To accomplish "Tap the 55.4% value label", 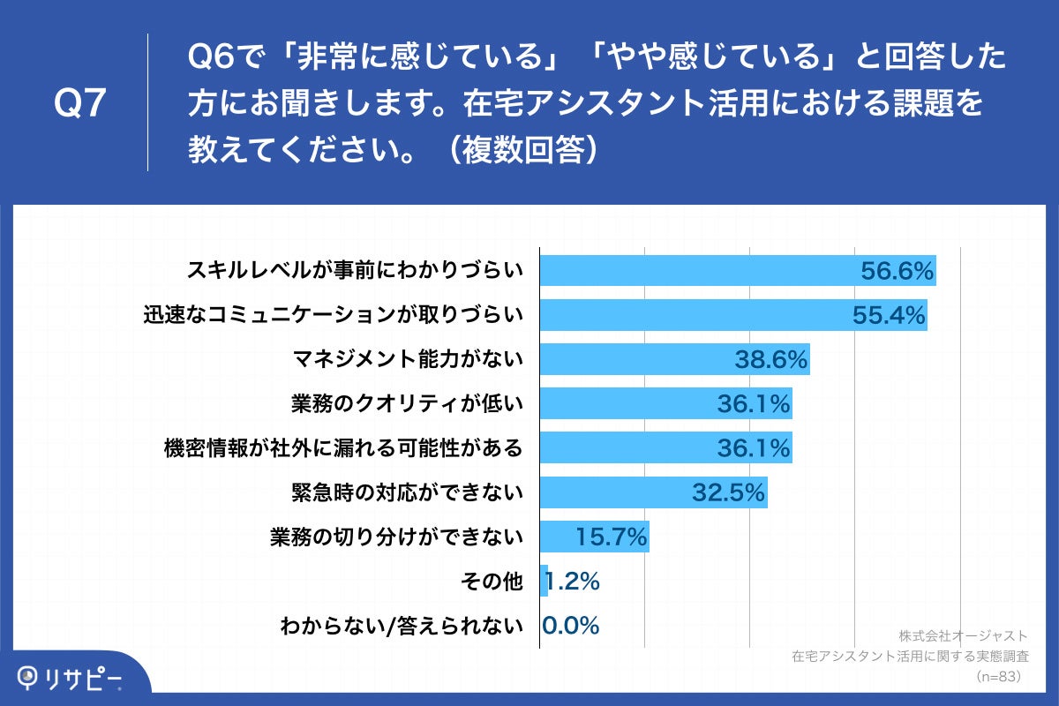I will click(890, 315).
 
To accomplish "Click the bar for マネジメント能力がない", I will click(635, 359).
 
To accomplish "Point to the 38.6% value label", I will click(771, 359).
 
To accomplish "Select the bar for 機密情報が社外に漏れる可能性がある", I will click(618, 448).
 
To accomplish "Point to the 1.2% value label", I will click(574, 582).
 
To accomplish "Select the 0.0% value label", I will click(571, 626).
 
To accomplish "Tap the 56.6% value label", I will click(898, 271).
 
